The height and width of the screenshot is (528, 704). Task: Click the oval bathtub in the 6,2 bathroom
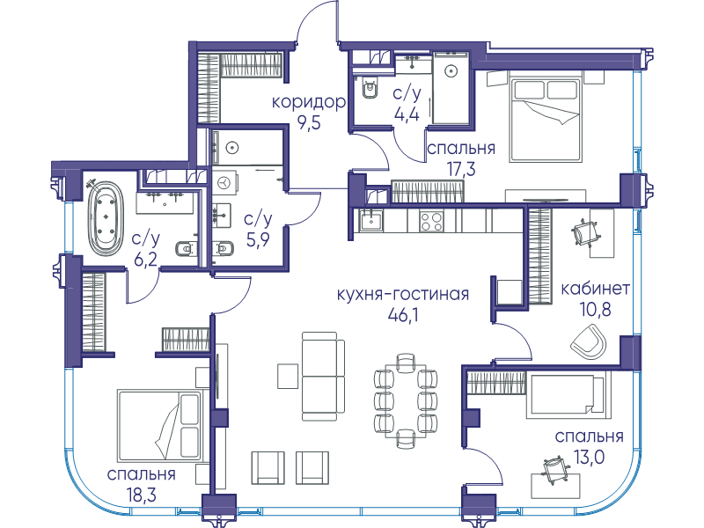(106, 218)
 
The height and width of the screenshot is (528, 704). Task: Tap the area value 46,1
(403, 315)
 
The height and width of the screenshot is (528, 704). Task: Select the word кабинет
(595, 289)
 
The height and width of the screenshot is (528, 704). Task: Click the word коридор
(309, 103)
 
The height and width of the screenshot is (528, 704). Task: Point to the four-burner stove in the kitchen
(431, 222)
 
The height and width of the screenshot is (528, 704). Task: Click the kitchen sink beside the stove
(370, 221)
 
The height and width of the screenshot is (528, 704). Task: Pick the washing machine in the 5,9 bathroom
(225, 184)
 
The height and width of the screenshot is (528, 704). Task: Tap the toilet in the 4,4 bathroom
(370, 90)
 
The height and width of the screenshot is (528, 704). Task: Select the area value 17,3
(460, 169)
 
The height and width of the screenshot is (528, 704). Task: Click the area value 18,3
(141, 495)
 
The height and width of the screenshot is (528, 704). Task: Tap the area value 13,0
(589, 457)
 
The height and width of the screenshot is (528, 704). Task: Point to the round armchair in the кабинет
(589, 341)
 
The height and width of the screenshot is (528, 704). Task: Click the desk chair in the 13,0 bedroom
(554, 470)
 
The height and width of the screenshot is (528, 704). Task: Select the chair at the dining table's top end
(406, 362)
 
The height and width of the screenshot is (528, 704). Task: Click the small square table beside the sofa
(288, 376)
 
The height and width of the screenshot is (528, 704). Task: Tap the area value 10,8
(596, 310)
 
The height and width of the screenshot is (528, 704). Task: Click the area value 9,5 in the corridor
(309, 122)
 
